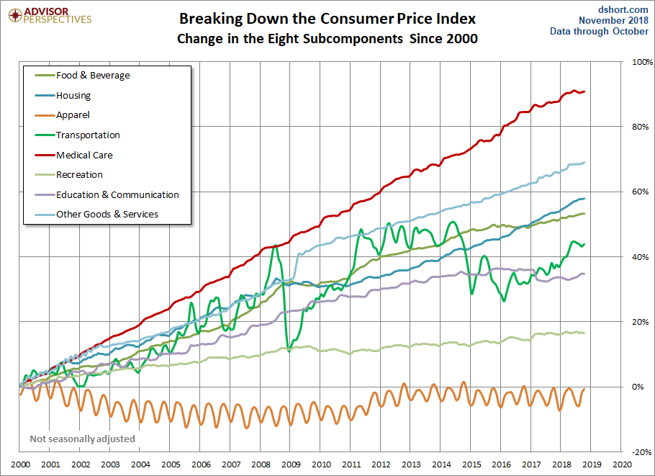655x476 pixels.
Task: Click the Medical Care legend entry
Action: [x=84, y=155]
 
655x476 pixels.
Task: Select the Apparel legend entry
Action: [x=73, y=115]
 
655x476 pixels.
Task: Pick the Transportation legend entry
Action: [x=88, y=135]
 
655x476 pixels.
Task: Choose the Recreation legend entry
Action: [x=79, y=174]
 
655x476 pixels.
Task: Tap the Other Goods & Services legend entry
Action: [x=107, y=214]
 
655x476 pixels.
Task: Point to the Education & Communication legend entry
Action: [x=117, y=194]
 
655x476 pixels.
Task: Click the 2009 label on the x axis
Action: [x=290, y=464]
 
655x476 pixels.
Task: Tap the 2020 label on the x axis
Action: [x=622, y=464]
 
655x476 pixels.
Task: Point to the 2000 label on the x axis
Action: [x=19, y=464]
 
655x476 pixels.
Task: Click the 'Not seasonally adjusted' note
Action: [x=82, y=439]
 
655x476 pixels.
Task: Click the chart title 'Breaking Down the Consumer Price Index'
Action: [x=327, y=18]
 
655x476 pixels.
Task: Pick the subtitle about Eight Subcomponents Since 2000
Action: [x=327, y=39]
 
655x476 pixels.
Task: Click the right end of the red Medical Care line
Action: [x=584, y=91]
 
